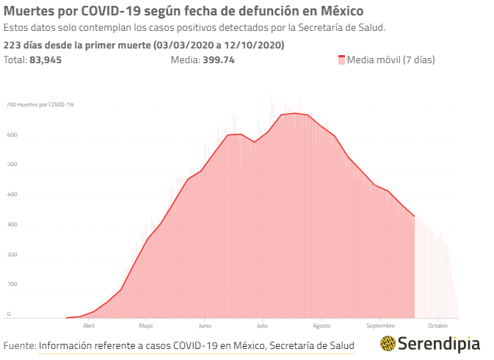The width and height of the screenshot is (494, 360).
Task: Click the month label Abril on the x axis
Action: click(88, 325)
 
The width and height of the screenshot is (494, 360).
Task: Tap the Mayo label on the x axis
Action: click(145, 325)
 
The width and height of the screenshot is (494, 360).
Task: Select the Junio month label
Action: click(204, 325)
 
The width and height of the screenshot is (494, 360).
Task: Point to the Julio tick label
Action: click(263, 325)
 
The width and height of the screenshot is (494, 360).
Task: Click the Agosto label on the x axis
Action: click(322, 325)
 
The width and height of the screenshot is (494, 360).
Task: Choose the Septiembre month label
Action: click(381, 325)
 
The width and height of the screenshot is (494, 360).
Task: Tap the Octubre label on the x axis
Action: click(438, 325)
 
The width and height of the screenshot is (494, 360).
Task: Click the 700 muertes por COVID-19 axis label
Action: click(40, 105)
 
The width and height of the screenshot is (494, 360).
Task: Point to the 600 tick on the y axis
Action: click(12, 135)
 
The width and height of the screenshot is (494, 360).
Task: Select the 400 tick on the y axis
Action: click(12, 195)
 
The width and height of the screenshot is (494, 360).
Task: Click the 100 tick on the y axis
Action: click(12, 284)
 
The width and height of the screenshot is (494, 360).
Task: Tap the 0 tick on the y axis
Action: click(10, 314)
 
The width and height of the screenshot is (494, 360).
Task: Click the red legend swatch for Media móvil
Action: click(341, 60)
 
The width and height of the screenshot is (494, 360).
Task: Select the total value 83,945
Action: click(46, 60)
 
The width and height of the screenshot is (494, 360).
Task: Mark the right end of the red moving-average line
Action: click(415, 216)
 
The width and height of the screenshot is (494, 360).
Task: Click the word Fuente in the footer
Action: click(19, 345)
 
